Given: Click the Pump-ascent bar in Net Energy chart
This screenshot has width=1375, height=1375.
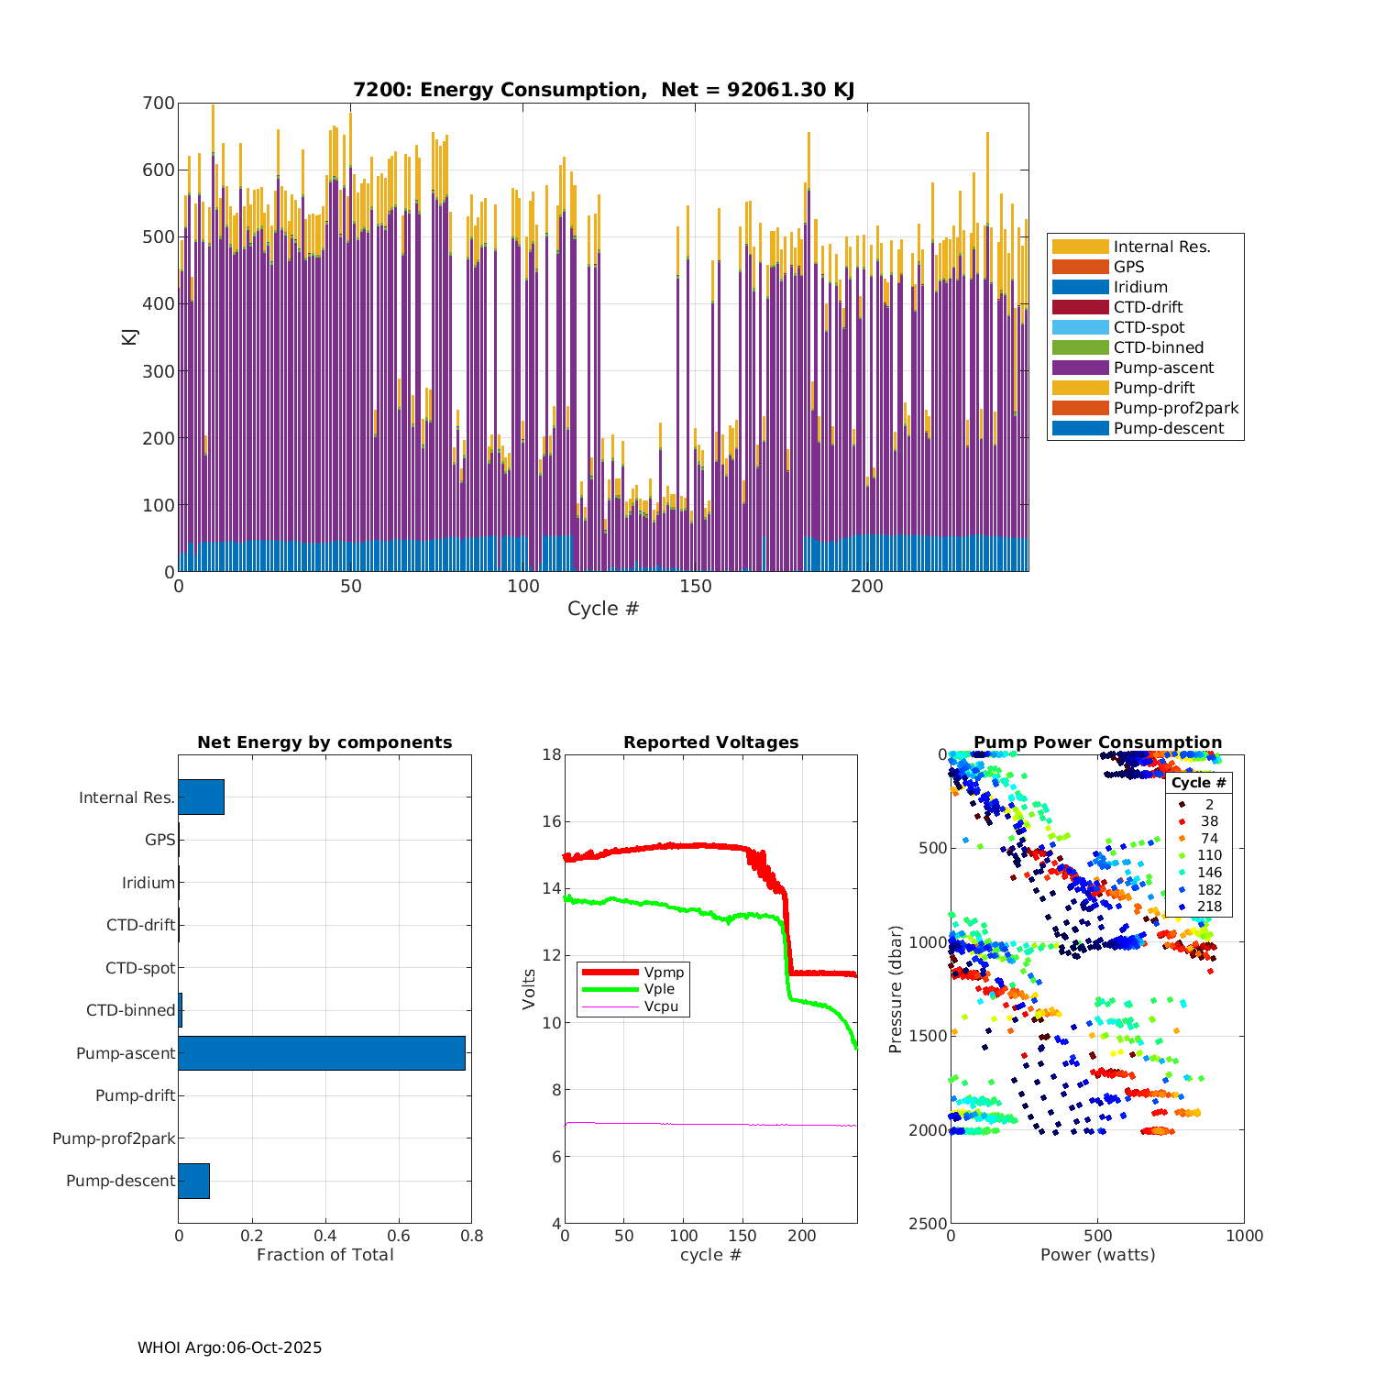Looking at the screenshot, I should [322, 1053].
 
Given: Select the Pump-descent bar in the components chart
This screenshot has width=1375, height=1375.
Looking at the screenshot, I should [194, 1181].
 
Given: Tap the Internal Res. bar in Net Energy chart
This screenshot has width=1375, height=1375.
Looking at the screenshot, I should [202, 797].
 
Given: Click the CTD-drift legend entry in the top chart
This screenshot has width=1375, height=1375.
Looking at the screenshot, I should [1148, 307].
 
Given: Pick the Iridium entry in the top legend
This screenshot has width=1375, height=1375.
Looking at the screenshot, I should [1140, 287].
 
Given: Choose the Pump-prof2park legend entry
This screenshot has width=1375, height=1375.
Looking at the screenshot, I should [1175, 408].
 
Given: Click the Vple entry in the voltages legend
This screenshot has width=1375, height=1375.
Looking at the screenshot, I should [659, 989].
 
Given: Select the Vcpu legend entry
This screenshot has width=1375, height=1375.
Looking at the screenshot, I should [661, 1006].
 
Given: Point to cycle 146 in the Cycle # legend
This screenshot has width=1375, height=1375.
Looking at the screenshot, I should [1209, 873].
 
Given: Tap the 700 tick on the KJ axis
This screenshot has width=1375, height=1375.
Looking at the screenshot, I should [159, 104].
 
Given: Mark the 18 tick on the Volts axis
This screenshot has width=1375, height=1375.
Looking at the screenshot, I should [552, 754].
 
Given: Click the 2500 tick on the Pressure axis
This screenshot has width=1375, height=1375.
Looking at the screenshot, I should [928, 1224].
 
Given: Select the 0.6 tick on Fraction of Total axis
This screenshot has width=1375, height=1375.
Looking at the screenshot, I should [399, 1236].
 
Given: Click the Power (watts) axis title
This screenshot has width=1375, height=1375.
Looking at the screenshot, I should [1097, 1254].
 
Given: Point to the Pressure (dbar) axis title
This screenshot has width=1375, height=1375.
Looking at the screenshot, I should [896, 989].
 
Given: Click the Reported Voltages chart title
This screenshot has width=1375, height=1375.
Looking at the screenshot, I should [710, 742].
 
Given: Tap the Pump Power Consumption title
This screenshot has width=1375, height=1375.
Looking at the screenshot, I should [1097, 742].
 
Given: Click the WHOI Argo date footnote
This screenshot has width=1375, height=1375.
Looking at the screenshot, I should [229, 1347].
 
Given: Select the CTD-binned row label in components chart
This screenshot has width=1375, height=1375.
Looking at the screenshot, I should [130, 1010].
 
